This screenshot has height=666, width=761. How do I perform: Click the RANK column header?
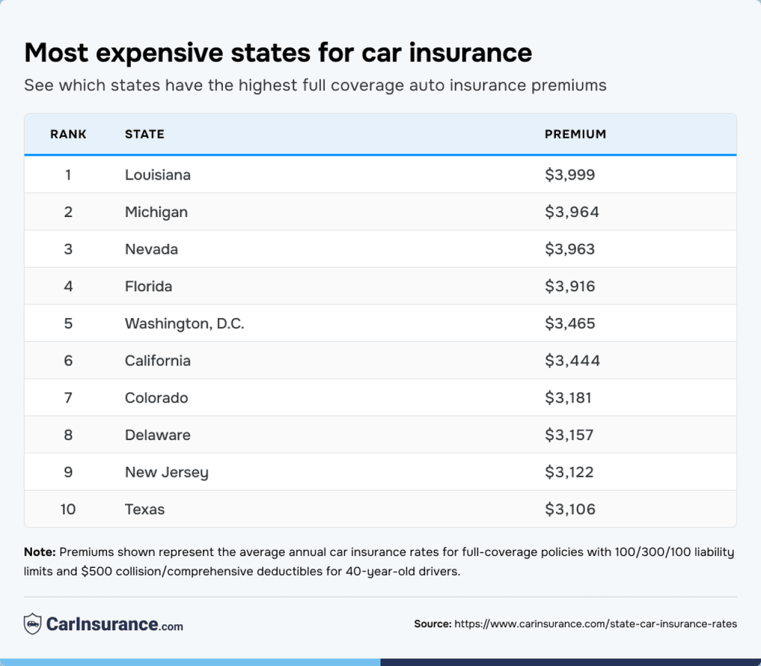point(68,134)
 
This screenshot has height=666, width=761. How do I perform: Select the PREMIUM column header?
point(575,134)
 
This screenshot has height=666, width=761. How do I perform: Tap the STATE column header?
point(144,134)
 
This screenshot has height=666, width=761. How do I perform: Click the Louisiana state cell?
point(158,175)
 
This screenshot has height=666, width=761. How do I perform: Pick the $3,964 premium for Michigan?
point(571,212)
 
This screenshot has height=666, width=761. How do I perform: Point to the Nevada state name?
point(152,249)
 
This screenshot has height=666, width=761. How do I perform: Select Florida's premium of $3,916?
point(569,287)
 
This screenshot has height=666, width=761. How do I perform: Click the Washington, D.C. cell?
point(184,324)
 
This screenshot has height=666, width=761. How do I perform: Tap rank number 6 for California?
point(68,361)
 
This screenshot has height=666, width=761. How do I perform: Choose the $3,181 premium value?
point(568,398)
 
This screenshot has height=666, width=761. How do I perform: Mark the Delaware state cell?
point(158,436)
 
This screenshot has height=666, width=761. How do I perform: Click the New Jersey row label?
point(166,472)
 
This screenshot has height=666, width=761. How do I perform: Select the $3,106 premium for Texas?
point(569,510)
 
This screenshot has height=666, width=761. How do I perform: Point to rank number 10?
point(68,510)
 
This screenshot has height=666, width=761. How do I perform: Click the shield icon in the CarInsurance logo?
point(32,625)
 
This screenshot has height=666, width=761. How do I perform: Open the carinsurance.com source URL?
point(595,624)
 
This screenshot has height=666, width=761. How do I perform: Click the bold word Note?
point(39,552)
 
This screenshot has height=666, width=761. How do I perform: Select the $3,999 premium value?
point(569,175)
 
